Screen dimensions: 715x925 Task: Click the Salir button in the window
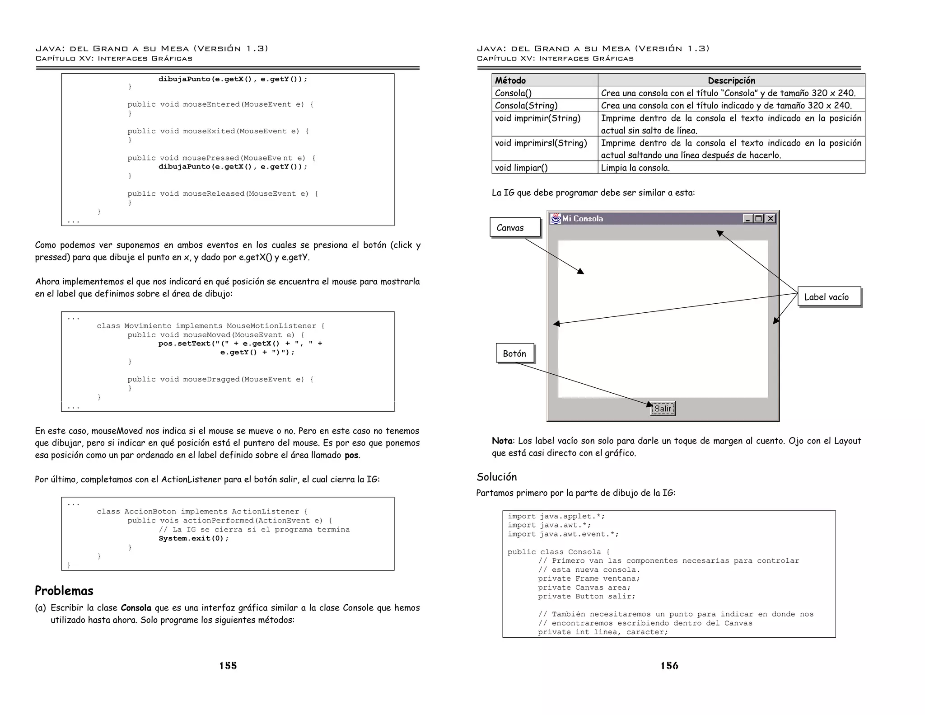(x=662, y=409)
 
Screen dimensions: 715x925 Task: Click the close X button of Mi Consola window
(x=771, y=219)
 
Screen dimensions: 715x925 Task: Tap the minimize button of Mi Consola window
(x=748, y=219)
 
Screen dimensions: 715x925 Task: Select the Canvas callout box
(x=515, y=227)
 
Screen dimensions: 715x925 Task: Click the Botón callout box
(x=515, y=353)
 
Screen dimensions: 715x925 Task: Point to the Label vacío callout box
(x=829, y=297)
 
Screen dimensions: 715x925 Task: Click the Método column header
(x=510, y=80)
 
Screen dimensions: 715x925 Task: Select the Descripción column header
(x=731, y=80)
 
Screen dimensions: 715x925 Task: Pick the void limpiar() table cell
(x=521, y=168)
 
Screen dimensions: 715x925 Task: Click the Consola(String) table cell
(x=526, y=105)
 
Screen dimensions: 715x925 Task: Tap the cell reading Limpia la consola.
(x=635, y=168)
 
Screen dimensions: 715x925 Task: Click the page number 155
(x=228, y=665)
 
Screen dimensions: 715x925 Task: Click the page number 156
(x=669, y=665)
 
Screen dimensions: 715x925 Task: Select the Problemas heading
(x=64, y=591)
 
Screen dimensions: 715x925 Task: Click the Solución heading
(x=496, y=477)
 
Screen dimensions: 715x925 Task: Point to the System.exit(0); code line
(x=194, y=538)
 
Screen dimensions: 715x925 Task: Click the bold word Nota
(x=502, y=441)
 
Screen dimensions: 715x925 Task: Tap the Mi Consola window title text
(x=582, y=219)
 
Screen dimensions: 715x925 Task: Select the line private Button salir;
(x=586, y=596)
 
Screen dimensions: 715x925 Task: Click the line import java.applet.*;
(x=556, y=516)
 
